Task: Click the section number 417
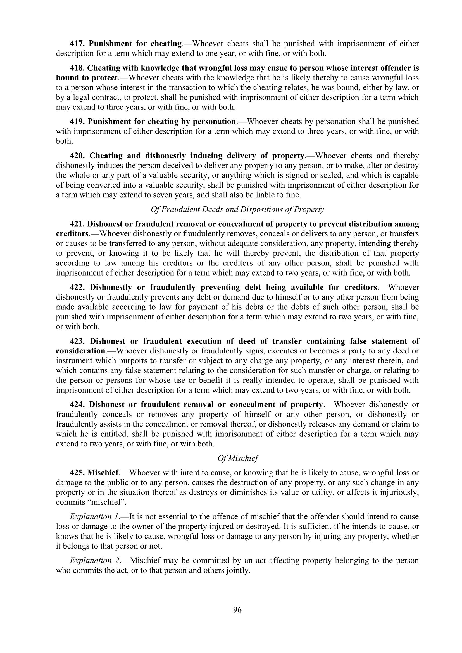point(77,44)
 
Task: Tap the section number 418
point(77,68)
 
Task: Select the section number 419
point(77,122)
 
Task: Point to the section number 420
point(77,156)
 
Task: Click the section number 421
point(77,224)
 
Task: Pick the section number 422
point(77,288)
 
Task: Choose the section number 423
point(77,341)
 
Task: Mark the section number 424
point(77,405)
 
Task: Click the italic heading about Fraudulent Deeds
point(237,210)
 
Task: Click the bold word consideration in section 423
point(80,351)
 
